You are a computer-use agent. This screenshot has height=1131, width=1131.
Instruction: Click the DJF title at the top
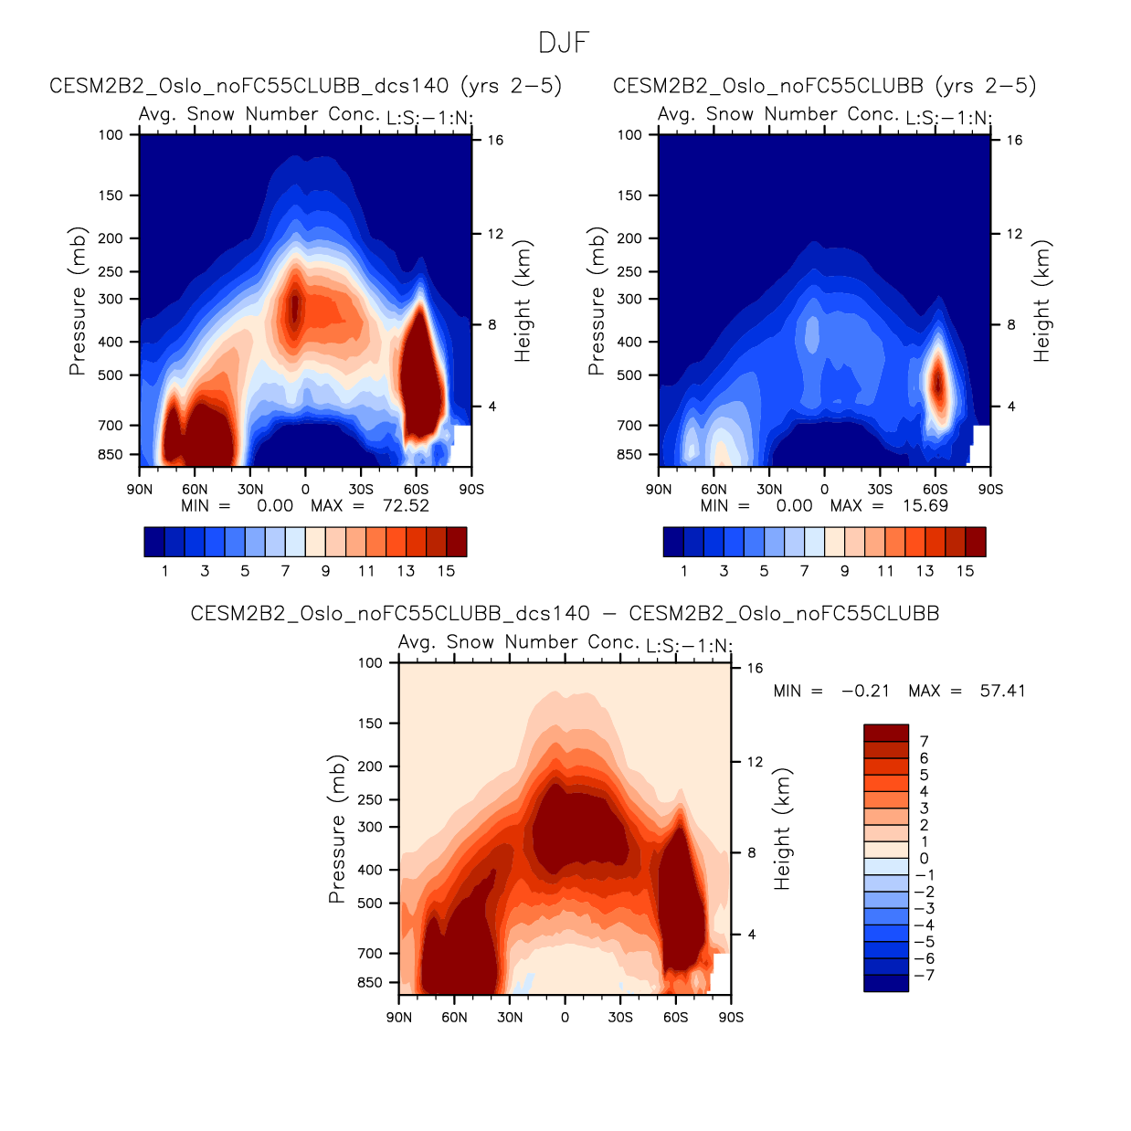coord(564,42)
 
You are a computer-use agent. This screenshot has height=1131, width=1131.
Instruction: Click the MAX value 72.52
coord(407,506)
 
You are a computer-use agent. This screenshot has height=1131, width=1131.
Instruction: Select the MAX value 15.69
coord(925,506)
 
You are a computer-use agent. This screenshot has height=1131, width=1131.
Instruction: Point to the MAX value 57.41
coord(1002,691)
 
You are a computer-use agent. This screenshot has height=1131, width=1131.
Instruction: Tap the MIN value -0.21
coord(865,691)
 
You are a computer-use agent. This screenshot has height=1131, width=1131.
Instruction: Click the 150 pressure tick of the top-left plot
coord(111,196)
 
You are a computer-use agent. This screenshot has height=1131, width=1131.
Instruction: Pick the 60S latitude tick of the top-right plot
coord(935,490)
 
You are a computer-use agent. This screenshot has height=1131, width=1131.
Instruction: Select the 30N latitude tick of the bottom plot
coord(510,1018)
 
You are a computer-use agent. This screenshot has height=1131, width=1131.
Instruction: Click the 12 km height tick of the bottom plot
coord(755,762)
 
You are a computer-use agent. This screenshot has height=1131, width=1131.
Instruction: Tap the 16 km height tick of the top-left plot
coord(495,141)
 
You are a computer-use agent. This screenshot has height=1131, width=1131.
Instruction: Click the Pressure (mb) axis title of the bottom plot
coord(337,830)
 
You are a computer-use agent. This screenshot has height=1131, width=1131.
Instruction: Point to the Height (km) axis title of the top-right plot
coord(1041,301)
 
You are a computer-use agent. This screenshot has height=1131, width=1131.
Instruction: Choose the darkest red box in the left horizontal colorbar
coord(456,542)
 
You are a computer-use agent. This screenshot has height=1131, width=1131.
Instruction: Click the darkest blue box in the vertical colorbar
coord(886,983)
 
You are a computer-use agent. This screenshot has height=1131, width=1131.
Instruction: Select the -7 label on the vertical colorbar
coord(925,976)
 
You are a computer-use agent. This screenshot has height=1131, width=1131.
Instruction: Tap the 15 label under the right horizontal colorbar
coord(965,571)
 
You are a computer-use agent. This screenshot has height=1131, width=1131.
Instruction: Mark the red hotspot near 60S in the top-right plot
coord(937,384)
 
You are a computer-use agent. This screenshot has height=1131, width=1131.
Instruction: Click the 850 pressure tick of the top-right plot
coord(629,455)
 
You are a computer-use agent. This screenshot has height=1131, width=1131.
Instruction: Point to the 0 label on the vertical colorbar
coord(924,859)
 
